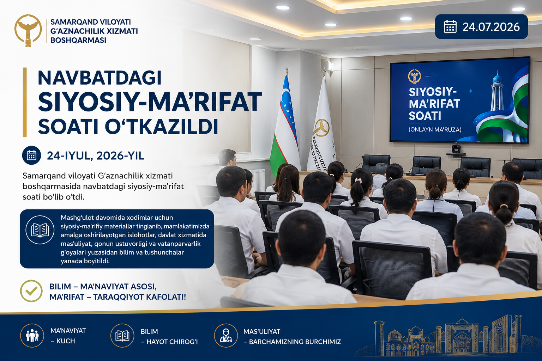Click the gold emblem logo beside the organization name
(x=28, y=31)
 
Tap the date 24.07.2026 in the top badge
(x=491, y=27)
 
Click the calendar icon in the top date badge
(x=450, y=26)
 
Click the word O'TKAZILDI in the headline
(x=162, y=126)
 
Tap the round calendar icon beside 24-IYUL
(x=31, y=155)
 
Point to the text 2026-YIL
(x=120, y=156)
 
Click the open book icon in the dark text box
(x=40, y=230)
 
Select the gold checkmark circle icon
(x=31, y=291)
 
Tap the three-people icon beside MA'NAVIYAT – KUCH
(x=32, y=336)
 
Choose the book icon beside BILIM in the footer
(x=122, y=336)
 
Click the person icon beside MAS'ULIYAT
(x=226, y=336)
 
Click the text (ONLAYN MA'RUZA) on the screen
(x=435, y=130)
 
